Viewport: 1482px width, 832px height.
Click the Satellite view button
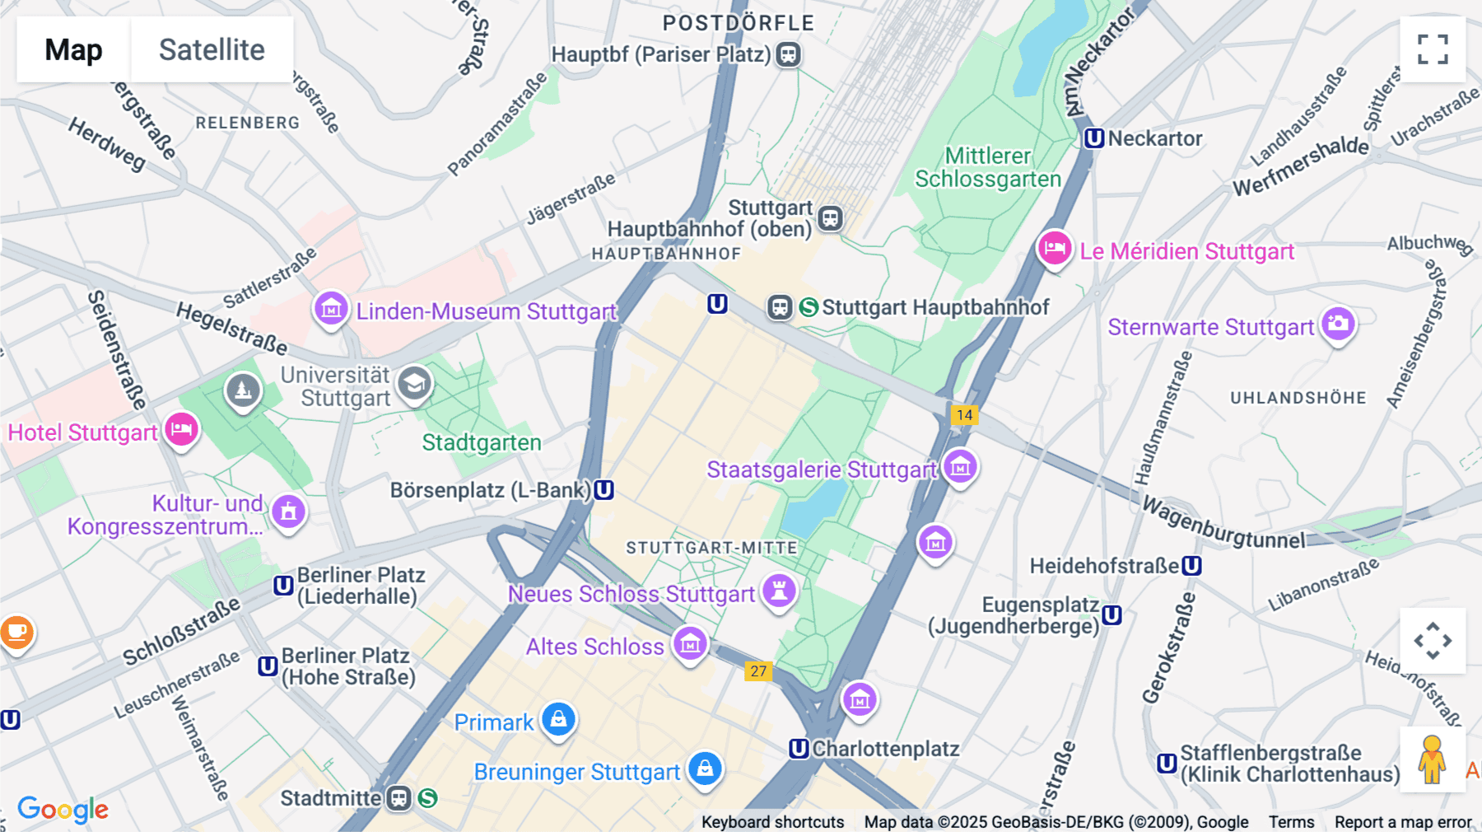pyautogui.click(x=212, y=49)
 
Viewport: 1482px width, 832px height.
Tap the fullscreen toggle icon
pyautogui.click(x=1433, y=49)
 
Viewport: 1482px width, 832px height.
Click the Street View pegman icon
pyautogui.click(x=1432, y=760)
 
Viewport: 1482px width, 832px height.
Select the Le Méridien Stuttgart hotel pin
pyautogui.click(x=1054, y=248)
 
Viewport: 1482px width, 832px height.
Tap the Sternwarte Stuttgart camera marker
pyautogui.click(x=1338, y=324)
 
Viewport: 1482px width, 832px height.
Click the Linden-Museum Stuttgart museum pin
pyautogui.click(x=331, y=309)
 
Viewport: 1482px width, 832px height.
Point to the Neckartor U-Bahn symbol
pyautogui.click(x=1093, y=138)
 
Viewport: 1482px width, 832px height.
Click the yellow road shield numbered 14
pyautogui.click(x=964, y=414)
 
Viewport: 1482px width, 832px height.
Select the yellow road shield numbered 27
pyautogui.click(x=758, y=671)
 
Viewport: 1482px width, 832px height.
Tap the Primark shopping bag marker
pyautogui.click(x=558, y=719)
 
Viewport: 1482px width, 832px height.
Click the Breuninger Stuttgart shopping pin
pyautogui.click(x=705, y=769)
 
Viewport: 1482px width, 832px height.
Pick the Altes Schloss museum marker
pyautogui.click(x=690, y=643)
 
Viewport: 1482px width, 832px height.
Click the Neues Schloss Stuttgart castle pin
pyautogui.click(x=779, y=591)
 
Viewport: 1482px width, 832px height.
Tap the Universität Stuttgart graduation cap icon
pyautogui.click(x=414, y=383)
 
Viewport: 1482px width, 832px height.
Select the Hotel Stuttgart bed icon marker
pyautogui.click(x=181, y=429)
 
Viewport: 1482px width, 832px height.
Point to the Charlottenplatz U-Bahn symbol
pyautogui.click(x=799, y=749)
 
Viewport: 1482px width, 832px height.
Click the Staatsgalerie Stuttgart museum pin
pyautogui.click(x=960, y=467)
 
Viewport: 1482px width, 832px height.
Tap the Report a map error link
pyautogui.click(x=1403, y=822)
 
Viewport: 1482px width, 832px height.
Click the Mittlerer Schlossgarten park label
pyautogui.click(x=988, y=167)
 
